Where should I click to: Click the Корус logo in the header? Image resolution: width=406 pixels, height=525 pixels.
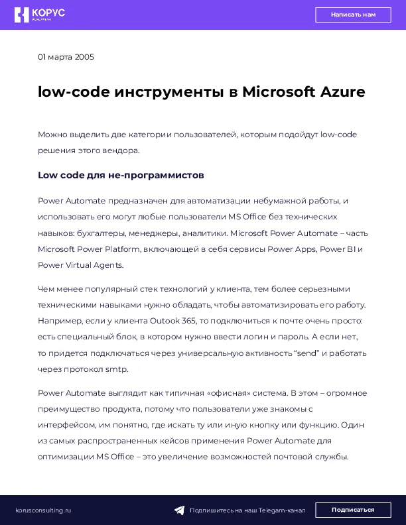click(x=40, y=15)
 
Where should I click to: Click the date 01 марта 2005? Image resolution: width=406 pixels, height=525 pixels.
click(x=66, y=57)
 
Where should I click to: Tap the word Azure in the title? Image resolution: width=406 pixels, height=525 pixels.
click(x=343, y=91)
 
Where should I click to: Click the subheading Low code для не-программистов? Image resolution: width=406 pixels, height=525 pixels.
click(x=121, y=175)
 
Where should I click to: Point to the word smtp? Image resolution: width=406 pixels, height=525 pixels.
click(x=116, y=369)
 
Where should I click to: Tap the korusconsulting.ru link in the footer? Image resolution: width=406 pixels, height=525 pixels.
click(x=43, y=510)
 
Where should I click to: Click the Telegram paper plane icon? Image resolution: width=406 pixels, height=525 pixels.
click(x=179, y=510)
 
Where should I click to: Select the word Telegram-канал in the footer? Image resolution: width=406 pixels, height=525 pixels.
click(x=283, y=510)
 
